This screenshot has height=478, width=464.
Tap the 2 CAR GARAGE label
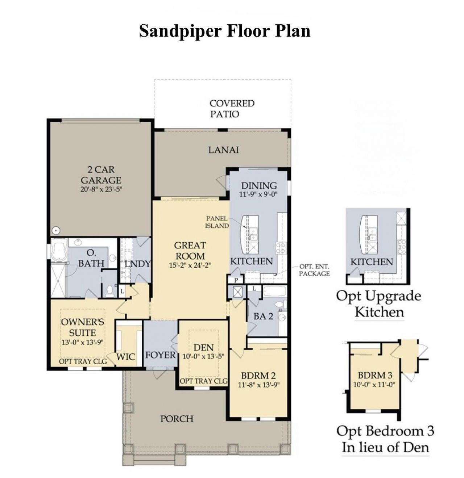[x=101, y=175]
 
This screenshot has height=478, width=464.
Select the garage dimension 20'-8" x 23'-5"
[x=101, y=189]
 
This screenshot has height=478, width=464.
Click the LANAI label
[x=224, y=150]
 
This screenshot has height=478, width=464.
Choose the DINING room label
[x=259, y=185]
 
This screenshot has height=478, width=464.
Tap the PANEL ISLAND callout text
[x=217, y=222]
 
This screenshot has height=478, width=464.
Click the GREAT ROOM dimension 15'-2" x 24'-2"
[x=190, y=265]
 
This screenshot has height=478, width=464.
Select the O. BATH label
[x=91, y=258]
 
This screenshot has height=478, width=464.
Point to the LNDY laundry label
[x=137, y=264]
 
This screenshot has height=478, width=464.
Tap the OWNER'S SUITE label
[x=82, y=327]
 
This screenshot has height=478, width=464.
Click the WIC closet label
[x=126, y=357]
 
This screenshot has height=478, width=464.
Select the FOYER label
[x=160, y=355]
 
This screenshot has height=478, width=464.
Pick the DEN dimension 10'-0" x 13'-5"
[x=203, y=357]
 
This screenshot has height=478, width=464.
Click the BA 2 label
[x=263, y=316]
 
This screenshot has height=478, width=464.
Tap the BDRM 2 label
[x=259, y=376]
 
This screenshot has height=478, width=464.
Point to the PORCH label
[x=177, y=419]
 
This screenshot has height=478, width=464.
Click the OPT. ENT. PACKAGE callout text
[x=314, y=270]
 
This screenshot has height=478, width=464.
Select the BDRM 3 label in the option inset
[x=375, y=375]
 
